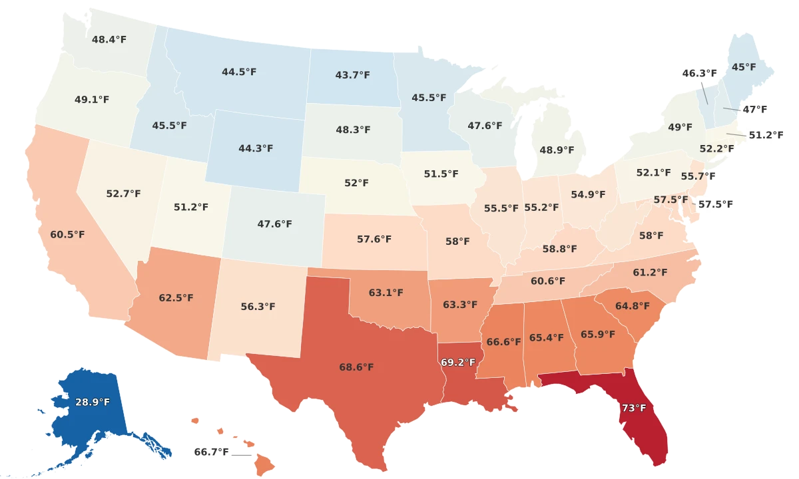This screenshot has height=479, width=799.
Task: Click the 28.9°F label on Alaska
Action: [93, 402]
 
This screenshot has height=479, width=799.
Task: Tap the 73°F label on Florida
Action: [633, 408]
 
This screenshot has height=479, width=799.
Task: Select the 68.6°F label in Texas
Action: [356, 367]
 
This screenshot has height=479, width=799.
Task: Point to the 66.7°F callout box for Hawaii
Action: [211, 452]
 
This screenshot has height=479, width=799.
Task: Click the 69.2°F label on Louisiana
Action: [458, 363]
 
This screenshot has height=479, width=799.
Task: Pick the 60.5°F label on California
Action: [67, 235]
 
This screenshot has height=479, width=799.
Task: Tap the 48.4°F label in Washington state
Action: [109, 39]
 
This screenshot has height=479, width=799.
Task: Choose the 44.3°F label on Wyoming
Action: [256, 148]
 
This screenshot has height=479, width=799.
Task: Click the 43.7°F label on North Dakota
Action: [352, 75]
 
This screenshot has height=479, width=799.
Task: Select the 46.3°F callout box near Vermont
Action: [700, 73]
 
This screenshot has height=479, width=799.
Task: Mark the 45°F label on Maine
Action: [744, 67]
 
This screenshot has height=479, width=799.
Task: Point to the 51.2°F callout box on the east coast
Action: [766, 135]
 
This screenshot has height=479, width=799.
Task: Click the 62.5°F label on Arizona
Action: [176, 297]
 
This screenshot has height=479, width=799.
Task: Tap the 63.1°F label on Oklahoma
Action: [386, 292]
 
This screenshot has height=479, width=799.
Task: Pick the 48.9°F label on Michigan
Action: [557, 150]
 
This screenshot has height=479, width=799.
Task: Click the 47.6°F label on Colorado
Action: [274, 224]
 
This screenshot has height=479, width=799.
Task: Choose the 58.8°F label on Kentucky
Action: [559, 249]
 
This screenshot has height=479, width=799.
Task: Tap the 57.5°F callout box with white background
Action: [715, 204]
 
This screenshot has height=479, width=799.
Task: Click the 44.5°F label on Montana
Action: [239, 72]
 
